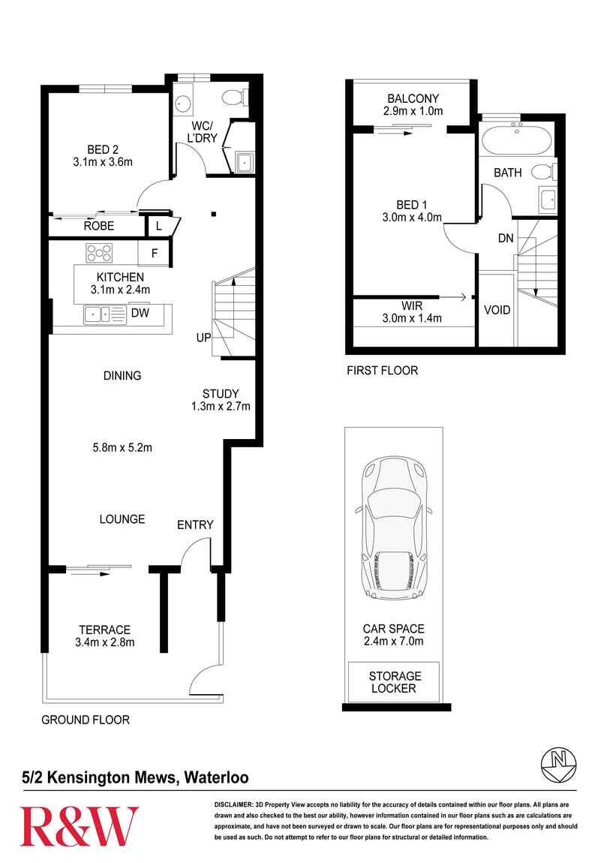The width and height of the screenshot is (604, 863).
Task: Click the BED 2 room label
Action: click(x=103, y=149)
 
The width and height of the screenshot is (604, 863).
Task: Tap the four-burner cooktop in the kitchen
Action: click(x=99, y=253)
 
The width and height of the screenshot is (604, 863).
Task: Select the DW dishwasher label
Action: click(x=140, y=313)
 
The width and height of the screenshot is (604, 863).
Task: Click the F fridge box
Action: click(x=155, y=253)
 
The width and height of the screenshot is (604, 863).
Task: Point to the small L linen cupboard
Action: click(x=159, y=226)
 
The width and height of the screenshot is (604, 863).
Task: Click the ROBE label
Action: click(x=99, y=226)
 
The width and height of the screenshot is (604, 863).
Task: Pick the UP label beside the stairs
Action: click(x=203, y=338)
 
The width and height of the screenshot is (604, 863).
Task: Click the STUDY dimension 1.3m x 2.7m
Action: click(x=221, y=407)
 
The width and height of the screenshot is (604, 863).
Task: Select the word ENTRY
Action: click(x=195, y=525)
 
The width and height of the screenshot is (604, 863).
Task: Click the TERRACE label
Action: click(x=104, y=630)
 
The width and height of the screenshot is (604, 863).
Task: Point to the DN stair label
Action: click(x=506, y=238)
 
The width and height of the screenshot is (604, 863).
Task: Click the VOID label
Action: click(x=497, y=310)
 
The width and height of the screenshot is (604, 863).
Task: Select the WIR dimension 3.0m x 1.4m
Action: click(x=412, y=318)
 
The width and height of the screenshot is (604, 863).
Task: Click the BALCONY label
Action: click(x=413, y=98)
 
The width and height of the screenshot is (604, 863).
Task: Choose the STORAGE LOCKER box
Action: click(x=394, y=682)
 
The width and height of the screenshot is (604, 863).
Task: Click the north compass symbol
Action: click(x=559, y=765)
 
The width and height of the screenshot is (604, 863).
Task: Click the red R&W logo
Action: click(x=80, y=826)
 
